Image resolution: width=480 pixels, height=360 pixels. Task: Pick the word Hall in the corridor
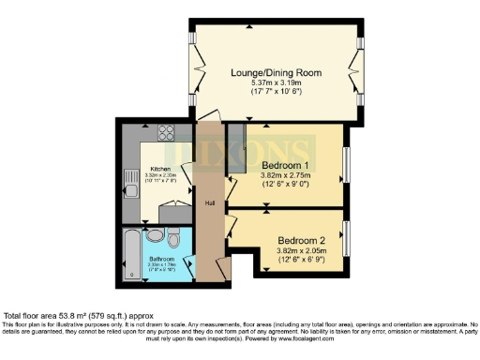(211, 202)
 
